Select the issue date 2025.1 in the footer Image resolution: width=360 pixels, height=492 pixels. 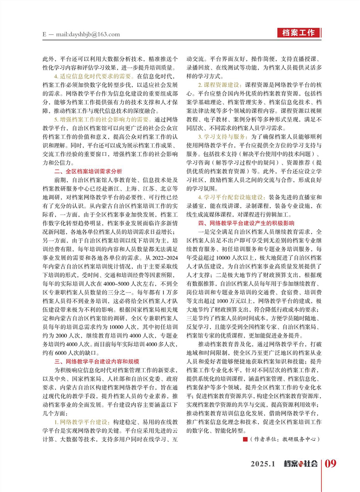pos(265,463)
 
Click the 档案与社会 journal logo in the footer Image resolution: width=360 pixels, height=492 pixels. pos(301,463)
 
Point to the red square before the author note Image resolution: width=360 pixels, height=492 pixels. pos(245,439)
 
